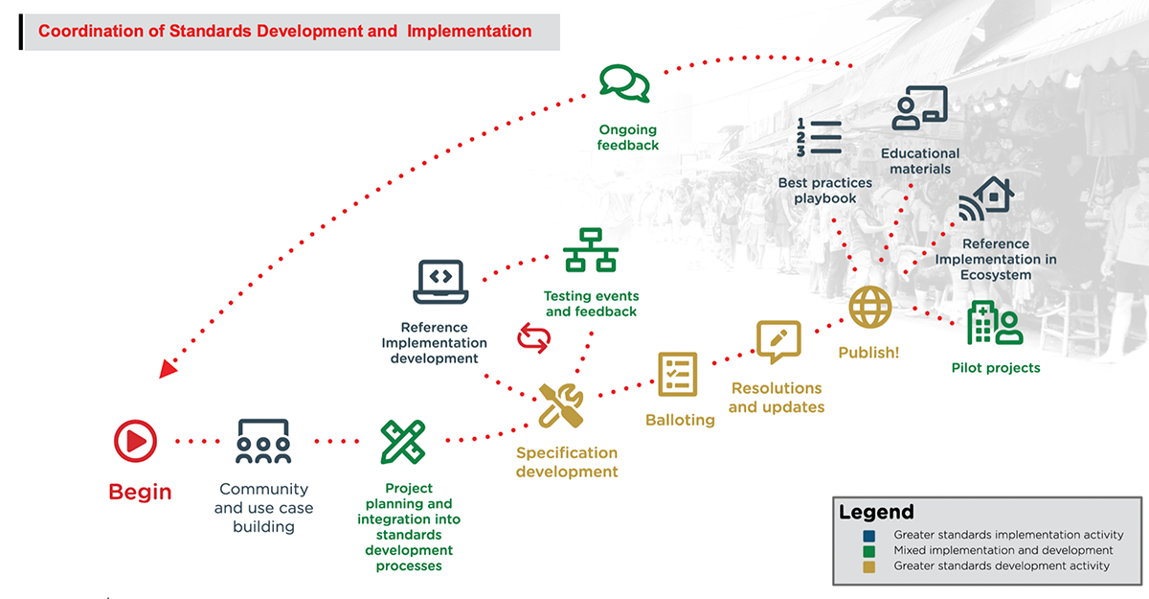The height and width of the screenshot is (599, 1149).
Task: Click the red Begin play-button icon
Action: click(135, 441)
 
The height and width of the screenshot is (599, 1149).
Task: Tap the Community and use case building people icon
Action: click(262, 441)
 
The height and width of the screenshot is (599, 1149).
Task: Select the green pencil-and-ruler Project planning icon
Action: click(403, 442)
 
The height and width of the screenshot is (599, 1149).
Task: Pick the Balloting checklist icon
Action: click(677, 374)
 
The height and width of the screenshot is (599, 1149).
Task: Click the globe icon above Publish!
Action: click(870, 308)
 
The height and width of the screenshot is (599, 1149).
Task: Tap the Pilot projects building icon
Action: click(995, 323)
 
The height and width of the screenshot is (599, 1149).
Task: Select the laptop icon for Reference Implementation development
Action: click(440, 281)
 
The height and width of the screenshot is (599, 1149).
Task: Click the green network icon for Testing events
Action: click(591, 251)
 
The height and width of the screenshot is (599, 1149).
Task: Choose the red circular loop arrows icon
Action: click(534, 337)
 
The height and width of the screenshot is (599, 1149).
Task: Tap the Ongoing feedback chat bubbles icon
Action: click(624, 83)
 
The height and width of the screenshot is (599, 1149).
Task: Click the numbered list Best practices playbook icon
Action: click(819, 138)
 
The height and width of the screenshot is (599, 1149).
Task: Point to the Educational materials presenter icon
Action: click(919, 107)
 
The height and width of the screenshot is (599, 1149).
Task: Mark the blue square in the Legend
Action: click(868, 535)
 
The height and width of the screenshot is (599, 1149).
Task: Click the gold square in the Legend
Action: click(868, 565)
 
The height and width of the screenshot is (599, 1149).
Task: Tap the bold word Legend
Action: click(876, 512)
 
